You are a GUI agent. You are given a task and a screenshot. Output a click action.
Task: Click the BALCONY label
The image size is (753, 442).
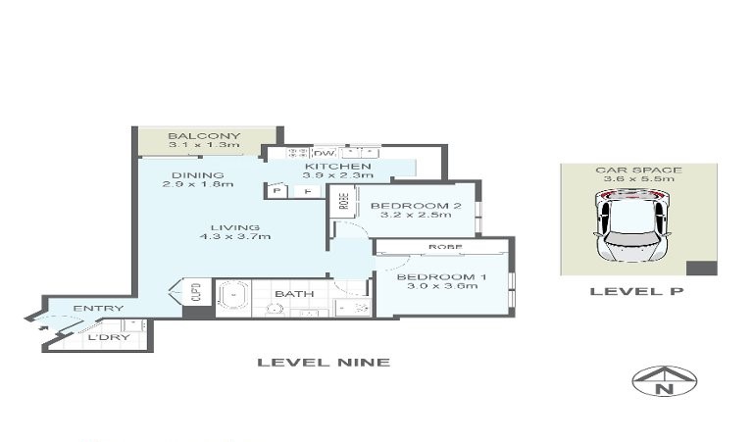coord(204,136)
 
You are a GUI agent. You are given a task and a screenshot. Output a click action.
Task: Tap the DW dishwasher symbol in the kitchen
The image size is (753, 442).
coord(324,153)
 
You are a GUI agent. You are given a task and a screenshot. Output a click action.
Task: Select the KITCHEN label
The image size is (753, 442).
coord(338,166)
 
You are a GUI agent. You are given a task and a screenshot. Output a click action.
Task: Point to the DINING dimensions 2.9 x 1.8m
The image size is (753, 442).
coord(198,184)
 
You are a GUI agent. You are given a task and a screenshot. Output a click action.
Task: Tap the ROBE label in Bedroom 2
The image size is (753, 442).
coord(344,201)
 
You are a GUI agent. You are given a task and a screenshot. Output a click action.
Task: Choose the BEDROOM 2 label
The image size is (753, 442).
coord(416,206)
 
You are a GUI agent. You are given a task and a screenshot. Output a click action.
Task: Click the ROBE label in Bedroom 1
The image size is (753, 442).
coord(445,247)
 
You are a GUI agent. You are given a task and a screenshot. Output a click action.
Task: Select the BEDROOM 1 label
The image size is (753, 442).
coord(442,277)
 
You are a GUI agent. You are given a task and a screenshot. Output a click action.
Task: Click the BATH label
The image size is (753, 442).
coord(294,294)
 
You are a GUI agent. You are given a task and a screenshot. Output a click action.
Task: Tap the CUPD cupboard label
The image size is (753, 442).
coord(196,291)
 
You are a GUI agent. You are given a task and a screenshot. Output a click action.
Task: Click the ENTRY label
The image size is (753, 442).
coord(98,308)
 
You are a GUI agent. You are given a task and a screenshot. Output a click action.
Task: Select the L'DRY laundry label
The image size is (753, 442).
coord(109,337)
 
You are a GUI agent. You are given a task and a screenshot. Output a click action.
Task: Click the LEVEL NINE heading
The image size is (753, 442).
coord(324,363)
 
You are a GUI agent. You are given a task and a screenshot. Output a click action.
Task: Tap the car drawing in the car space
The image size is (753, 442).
coord(631,225)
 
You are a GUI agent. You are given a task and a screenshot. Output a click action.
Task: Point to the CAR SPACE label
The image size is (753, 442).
coord(638,170)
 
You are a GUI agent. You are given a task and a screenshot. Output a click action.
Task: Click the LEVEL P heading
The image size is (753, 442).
coord(636,291)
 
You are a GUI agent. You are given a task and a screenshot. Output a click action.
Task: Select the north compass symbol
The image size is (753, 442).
coord(664,381)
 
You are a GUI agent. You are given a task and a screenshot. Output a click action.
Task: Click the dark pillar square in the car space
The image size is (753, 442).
coord(702,269)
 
